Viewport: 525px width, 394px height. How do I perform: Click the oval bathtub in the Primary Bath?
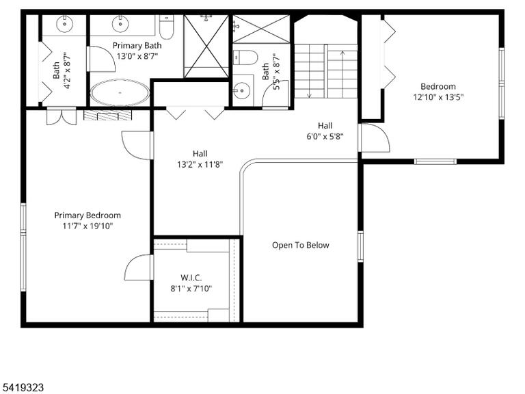[x=120, y=92]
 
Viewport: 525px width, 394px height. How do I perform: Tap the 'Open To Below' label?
[x=300, y=246]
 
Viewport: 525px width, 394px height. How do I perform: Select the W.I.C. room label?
[x=191, y=278]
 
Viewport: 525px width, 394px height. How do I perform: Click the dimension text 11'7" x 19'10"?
[x=87, y=226]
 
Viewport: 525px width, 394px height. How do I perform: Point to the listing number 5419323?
[x=22, y=388]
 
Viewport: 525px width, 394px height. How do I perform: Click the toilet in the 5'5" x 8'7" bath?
[x=245, y=57]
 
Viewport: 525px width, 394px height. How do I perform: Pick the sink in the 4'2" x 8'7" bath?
[x=65, y=23]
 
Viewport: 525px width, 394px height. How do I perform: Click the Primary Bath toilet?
[x=166, y=27]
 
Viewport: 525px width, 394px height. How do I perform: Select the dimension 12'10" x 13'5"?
[x=438, y=97]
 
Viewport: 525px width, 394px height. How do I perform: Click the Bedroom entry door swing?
[x=374, y=137]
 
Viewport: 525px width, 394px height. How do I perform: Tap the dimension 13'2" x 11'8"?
[x=200, y=164]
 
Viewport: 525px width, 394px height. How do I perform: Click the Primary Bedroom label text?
[x=87, y=215]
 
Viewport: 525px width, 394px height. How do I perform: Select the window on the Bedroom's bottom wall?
[x=435, y=161]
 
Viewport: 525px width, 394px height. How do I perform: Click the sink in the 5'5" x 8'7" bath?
[x=241, y=90]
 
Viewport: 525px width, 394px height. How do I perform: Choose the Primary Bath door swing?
[x=101, y=59]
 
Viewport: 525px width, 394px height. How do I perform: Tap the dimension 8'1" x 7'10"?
[x=191, y=289]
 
